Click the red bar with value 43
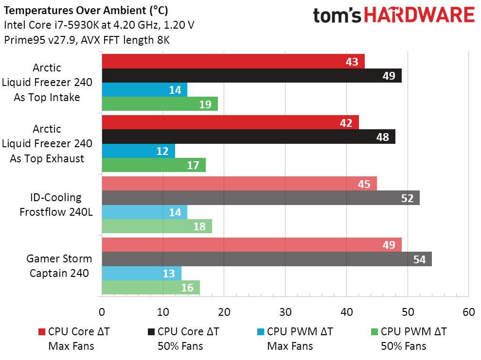233,62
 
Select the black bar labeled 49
251,76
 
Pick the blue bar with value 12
138,151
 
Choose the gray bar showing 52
260,198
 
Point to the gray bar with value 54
267,259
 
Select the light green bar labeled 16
150,287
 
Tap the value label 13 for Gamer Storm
169,274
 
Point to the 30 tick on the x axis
285,312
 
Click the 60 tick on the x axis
468,312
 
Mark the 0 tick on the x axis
102,312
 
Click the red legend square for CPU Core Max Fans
41,332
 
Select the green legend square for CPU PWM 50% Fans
374,332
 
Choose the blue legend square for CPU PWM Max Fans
261,332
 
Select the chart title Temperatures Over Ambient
87,10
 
